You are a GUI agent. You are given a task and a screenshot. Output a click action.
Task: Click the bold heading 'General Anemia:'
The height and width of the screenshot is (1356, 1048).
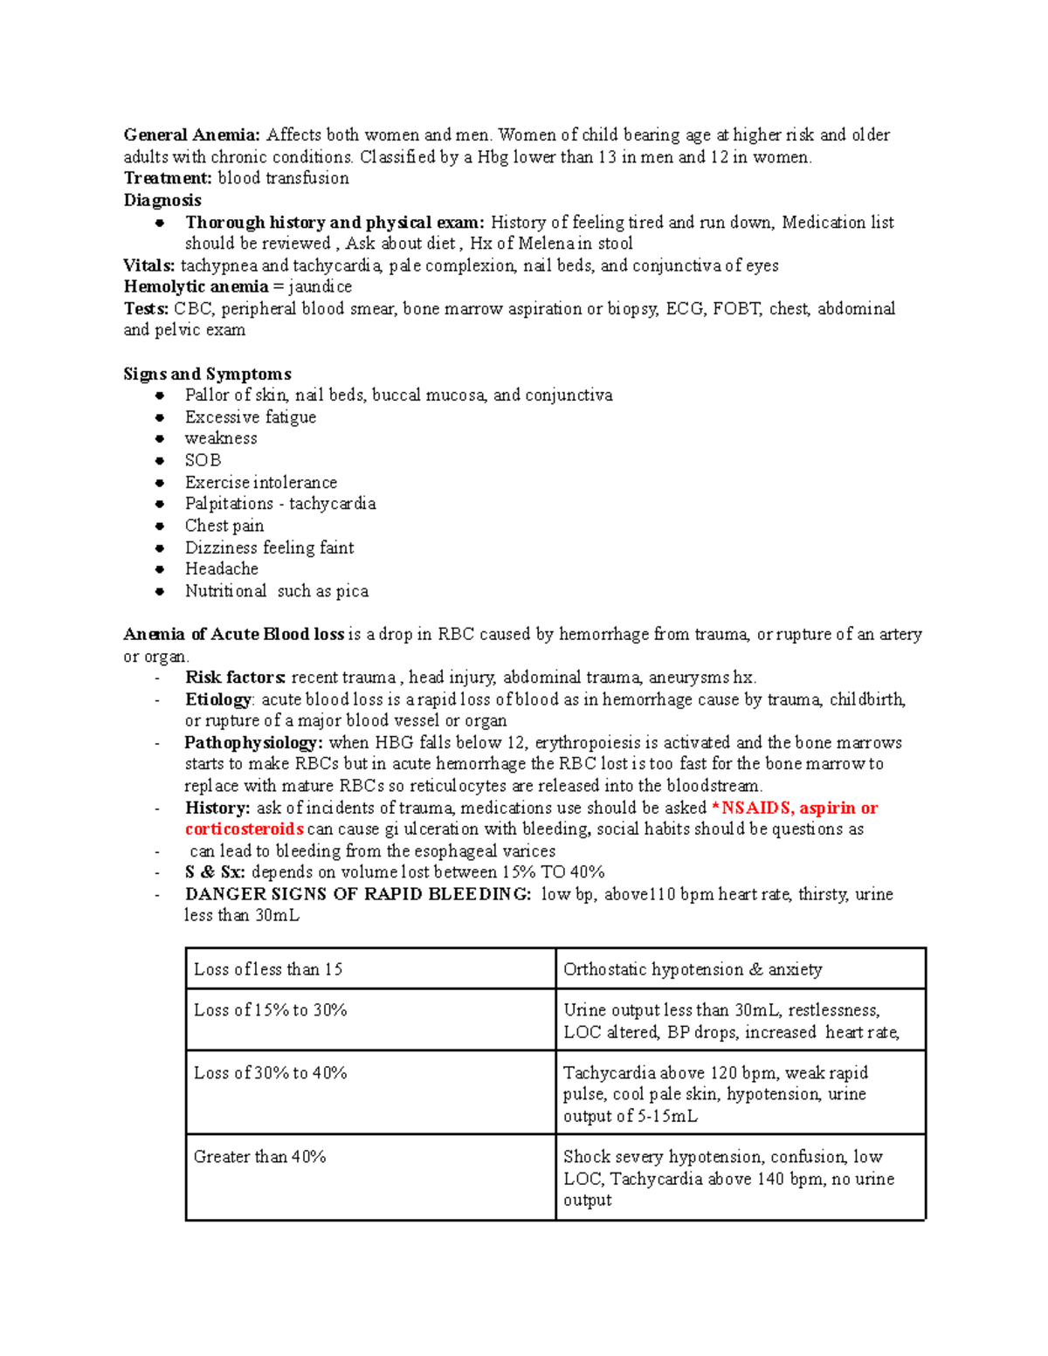(191, 135)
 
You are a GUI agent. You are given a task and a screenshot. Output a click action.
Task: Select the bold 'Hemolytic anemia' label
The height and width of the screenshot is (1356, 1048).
(196, 287)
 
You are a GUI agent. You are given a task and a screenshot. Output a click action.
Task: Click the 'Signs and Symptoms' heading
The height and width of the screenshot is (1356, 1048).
(207, 374)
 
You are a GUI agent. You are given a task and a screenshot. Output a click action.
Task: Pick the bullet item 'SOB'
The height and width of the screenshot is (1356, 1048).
(203, 460)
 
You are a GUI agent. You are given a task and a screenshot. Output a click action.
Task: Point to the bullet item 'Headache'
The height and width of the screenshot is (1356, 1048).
(221, 568)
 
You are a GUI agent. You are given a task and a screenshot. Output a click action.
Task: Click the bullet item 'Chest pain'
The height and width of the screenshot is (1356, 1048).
(224, 526)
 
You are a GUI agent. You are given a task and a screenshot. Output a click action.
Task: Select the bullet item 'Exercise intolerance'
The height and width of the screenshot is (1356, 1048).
(260, 482)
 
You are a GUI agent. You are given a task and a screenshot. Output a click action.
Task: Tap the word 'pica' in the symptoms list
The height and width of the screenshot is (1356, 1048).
(352, 591)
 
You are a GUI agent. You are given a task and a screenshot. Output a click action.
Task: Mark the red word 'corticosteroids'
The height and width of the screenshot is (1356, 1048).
(244, 829)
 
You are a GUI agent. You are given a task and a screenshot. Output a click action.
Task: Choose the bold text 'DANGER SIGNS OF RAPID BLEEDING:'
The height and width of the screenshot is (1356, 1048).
(357, 894)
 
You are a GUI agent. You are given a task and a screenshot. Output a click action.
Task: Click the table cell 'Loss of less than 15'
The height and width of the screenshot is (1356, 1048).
(267, 969)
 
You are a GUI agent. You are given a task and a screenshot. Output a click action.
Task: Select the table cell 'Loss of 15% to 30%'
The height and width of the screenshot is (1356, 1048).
(270, 1010)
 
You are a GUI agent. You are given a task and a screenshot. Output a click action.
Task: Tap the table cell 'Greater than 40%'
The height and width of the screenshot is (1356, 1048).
(259, 1157)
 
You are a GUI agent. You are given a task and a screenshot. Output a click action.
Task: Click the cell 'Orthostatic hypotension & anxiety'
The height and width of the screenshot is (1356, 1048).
(693, 969)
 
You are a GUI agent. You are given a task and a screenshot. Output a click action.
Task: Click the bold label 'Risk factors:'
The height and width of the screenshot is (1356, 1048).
(235, 678)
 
